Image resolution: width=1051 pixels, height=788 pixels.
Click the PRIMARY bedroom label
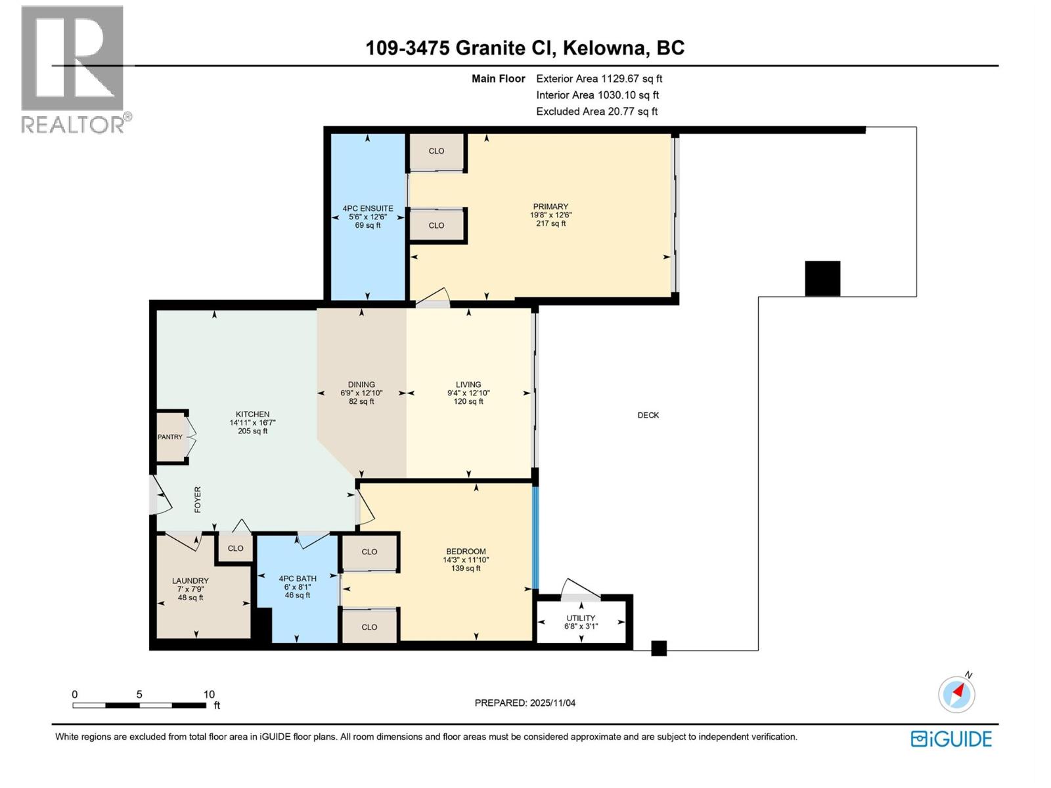point(550,206)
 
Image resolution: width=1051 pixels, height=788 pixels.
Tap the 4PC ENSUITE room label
point(368,208)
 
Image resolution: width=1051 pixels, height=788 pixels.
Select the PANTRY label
point(170,437)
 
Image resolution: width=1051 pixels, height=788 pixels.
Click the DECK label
point(648,415)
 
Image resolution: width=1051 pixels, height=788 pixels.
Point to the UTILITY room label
point(581,618)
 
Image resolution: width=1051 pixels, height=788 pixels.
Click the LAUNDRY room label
point(190,580)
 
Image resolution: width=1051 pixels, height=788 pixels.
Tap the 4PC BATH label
point(298,579)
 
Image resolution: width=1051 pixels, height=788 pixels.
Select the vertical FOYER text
point(198,500)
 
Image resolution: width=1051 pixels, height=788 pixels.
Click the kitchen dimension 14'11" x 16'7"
point(252,423)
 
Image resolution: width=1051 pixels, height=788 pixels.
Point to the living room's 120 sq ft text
point(468,402)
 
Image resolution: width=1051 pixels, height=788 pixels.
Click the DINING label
point(361,385)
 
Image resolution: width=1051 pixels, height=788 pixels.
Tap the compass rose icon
point(956,694)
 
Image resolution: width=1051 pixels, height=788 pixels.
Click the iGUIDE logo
point(951,739)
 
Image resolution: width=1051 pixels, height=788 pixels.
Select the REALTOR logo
point(74,69)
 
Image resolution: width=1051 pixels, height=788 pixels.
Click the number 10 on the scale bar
point(209,694)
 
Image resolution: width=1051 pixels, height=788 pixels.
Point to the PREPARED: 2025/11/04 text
point(525,703)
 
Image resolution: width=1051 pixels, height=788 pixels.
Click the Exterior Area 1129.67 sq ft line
point(599,79)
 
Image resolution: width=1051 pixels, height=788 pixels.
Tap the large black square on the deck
point(822,278)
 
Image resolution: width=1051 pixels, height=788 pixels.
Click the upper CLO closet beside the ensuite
point(436,151)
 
